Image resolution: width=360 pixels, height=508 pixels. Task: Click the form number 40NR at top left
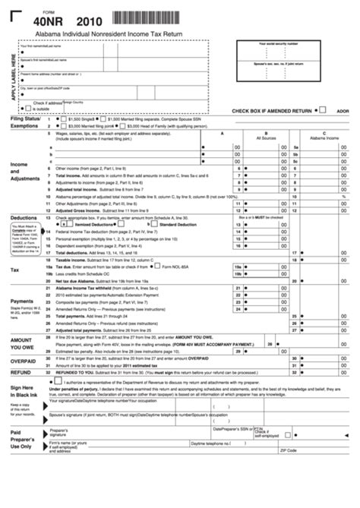(43, 24)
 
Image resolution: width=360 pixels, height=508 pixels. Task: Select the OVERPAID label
(24, 361)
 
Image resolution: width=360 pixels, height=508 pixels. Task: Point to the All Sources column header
(266, 139)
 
